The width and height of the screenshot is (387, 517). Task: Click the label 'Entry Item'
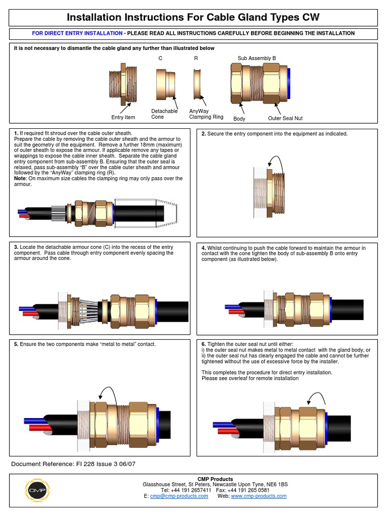coord(123,118)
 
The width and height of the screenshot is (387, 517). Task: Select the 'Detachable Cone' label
coord(164,114)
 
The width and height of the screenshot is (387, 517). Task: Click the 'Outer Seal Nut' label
coord(285,118)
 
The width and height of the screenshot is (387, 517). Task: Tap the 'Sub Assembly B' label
coord(256,58)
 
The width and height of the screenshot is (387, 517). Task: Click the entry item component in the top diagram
coord(121,85)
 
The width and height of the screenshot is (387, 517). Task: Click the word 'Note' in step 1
coord(21,179)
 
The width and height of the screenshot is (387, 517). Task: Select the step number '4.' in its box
coord(204,248)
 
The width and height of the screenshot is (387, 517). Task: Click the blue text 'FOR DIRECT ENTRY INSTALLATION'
coord(77,33)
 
